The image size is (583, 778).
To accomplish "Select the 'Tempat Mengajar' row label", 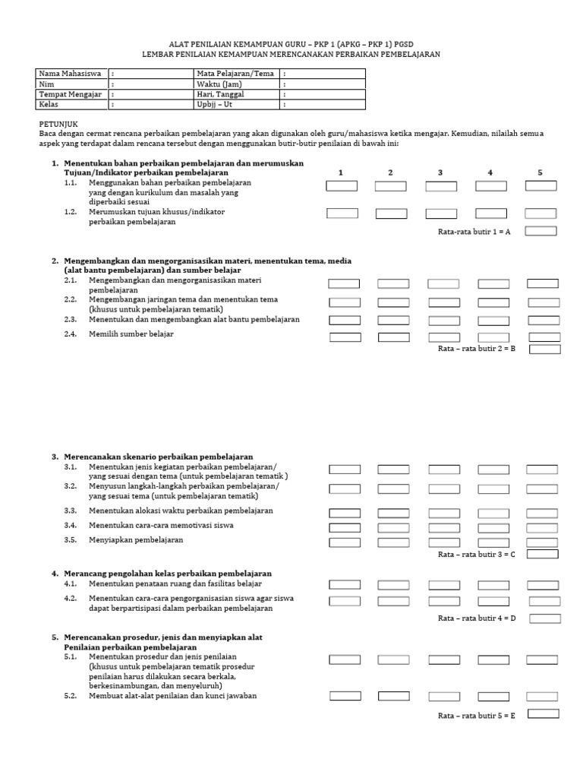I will coord(67,94).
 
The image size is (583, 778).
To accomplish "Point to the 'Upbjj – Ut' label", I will coord(213,105).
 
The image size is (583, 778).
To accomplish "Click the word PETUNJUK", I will coord(58,123).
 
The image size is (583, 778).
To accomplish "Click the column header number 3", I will coord(440,172).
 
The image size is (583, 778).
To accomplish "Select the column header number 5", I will coord(540,172).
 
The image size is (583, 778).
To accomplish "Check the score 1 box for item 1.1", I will coord(342,186).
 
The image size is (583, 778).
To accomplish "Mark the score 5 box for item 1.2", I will coord(540,213).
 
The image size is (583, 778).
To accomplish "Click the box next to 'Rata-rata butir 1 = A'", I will coord(540,231).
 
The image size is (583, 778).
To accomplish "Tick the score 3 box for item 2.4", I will coord(444,337).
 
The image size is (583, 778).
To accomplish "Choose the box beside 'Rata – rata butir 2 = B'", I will coord(544,349).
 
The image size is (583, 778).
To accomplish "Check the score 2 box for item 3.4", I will coord(393,527).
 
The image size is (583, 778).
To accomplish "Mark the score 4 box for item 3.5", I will coord(493,542).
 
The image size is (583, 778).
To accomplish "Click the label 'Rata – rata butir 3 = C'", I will coord(477,555).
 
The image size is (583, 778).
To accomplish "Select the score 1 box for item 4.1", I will coord(344,585).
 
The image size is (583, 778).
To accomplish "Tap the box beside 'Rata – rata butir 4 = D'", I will coord(544,618).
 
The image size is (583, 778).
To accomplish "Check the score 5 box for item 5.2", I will coord(542,696).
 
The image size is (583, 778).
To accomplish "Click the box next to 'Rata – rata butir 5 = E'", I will coord(543,713).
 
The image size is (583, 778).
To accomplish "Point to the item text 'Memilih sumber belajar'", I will coord(131,334).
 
